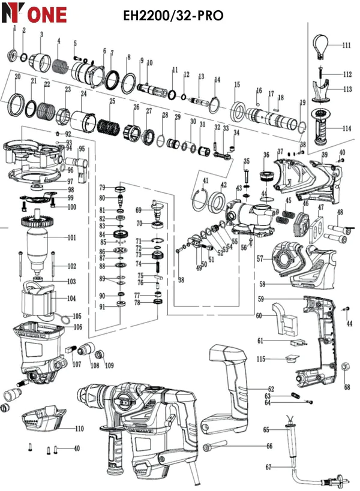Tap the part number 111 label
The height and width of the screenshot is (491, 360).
[346, 46]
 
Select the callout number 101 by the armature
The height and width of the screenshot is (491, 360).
[72, 237]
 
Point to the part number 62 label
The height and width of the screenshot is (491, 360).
[271, 389]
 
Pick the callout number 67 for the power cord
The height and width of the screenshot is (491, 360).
[269, 467]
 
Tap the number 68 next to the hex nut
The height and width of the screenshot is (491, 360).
[346, 387]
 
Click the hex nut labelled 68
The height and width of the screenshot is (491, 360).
[346, 367]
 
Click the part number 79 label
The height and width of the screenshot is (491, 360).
[102, 187]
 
